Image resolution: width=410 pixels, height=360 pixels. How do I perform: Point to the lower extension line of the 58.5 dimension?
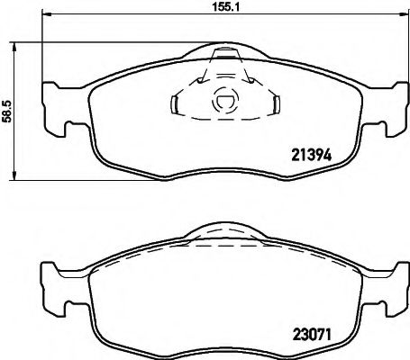[54, 180]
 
